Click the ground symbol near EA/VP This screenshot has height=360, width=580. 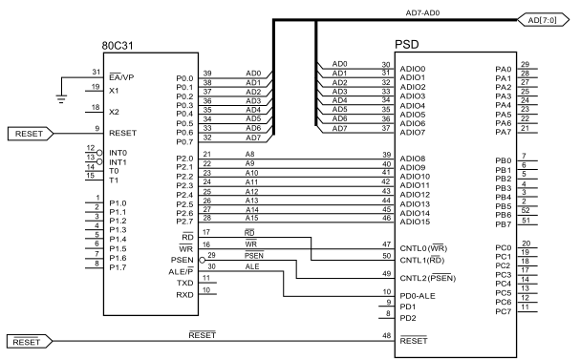(61, 98)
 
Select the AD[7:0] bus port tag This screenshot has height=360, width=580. (543, 20)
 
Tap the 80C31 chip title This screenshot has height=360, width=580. (118, 46)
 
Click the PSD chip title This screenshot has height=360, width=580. (406, 45)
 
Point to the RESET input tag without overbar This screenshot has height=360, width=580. (31, 134)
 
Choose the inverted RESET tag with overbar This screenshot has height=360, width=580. (30, 342)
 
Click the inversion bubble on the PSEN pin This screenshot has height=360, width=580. (202, 260)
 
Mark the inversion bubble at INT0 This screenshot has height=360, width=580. (99, 153)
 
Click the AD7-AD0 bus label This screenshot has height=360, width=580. (422, 13)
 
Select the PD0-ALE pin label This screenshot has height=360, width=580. (418, 296)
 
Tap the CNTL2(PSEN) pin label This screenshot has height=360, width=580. (428, 278)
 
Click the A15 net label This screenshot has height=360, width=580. (251, 218)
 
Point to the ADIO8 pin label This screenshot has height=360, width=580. (413, 159)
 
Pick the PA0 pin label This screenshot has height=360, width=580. (503, 69)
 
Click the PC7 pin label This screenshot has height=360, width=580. (503, 311)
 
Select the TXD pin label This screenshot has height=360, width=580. (185, 283)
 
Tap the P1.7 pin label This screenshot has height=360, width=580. (118, 267)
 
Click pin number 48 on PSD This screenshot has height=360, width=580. (387, 335)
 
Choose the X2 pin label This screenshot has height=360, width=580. (114, 112)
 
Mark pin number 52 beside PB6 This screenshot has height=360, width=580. (526, 210)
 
